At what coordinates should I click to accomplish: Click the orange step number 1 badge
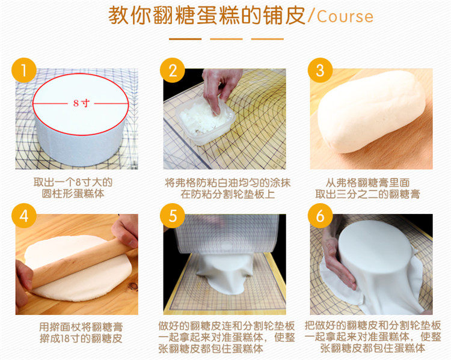tap(24, 70)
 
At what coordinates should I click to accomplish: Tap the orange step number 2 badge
tap(173, 70)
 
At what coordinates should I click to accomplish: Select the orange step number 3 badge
tap(320, 70)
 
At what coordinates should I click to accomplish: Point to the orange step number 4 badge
tap(24, 216)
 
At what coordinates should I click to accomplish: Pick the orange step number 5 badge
tap(173, 216)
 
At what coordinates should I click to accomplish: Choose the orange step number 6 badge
tap(320, 216)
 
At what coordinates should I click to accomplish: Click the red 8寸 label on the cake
tap(81, 103)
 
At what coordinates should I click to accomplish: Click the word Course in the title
tap(345, 16)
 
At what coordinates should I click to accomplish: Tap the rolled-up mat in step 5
tap(226, 233)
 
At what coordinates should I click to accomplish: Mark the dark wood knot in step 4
tap(133, 286)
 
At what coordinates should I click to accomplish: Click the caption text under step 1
tap(73, 188)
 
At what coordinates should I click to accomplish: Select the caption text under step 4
tap(81, 333)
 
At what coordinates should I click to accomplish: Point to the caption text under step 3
tap(367, 188)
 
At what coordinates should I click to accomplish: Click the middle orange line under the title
tap(226, 39)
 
